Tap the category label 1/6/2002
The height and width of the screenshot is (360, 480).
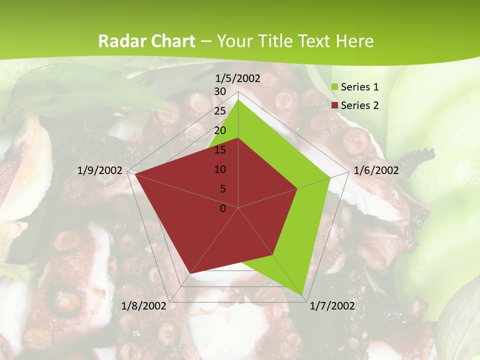point(376,170)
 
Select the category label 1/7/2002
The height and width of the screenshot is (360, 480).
point(332,305)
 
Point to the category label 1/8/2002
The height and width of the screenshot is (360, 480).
point(144,305)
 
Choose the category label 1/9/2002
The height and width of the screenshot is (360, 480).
point(100,170)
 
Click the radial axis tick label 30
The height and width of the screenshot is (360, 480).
point(220,91)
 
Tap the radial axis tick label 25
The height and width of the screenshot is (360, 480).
point(220,111)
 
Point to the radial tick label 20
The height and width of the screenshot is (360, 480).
point(220,130)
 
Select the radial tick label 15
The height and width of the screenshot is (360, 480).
point(220,150)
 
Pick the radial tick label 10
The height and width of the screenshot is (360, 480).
point(220,169)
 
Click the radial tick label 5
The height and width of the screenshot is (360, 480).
point(222,189)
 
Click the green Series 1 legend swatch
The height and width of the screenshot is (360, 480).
point(334,87)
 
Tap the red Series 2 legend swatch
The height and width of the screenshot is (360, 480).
point(334,105)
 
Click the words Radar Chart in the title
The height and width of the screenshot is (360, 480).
point(146,41)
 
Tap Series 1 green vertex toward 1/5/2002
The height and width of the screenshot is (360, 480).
point(238,99)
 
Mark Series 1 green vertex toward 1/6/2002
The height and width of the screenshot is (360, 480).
point(330,177)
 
